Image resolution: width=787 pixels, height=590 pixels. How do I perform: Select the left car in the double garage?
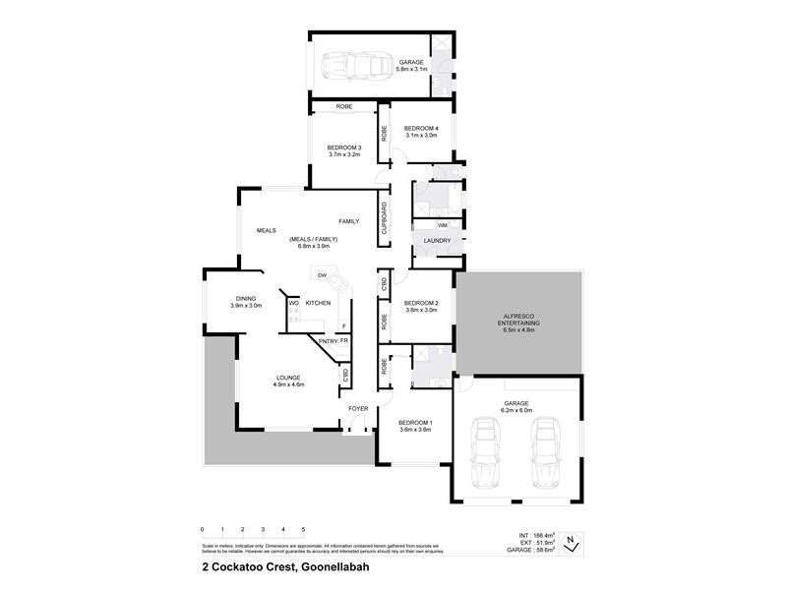485,452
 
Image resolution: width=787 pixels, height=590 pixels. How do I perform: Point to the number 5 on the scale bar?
304,529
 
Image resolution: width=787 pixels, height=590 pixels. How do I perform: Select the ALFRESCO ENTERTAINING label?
517,320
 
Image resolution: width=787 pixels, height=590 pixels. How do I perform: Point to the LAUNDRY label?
437,241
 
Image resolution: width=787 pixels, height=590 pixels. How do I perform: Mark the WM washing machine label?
443,225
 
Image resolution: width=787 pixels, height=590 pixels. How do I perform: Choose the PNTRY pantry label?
328,341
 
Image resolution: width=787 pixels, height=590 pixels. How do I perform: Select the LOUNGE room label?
288,378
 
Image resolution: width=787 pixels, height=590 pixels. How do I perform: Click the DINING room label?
246,299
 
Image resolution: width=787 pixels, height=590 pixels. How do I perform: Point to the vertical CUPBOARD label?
384,218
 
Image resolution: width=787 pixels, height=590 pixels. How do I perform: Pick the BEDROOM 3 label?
344,147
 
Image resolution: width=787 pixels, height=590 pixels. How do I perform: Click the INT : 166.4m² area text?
537,535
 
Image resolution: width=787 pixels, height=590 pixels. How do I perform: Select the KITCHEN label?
318,303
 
